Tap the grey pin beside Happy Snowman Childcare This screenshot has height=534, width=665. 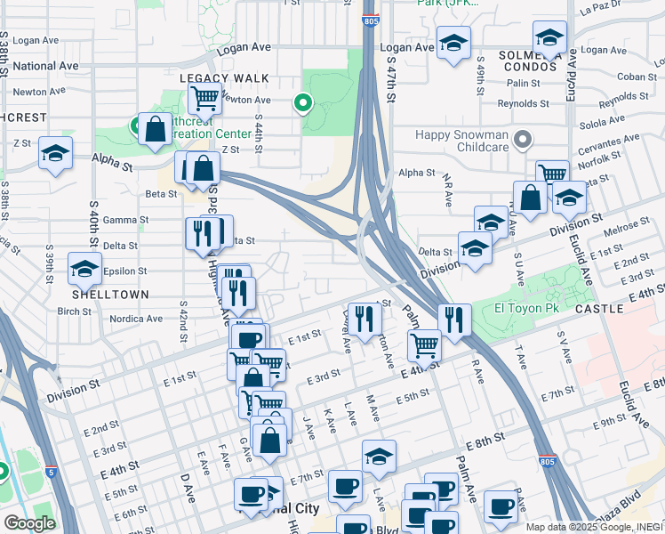tap(524, 139)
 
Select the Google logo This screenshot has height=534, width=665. tap(28, 523)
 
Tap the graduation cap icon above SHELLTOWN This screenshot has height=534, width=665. tap(84, 269)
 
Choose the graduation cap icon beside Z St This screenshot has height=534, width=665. tap(55, 152)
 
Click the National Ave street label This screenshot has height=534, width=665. tap(46, 66)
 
